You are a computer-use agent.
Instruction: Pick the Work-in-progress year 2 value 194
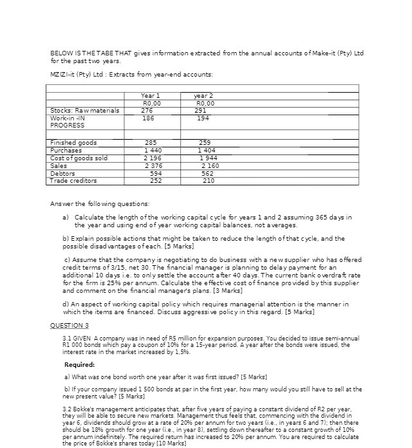tap(203, 118)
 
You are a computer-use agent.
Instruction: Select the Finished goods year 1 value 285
tap(151, 142)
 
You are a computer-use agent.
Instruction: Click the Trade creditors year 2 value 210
tap(207, 181)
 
